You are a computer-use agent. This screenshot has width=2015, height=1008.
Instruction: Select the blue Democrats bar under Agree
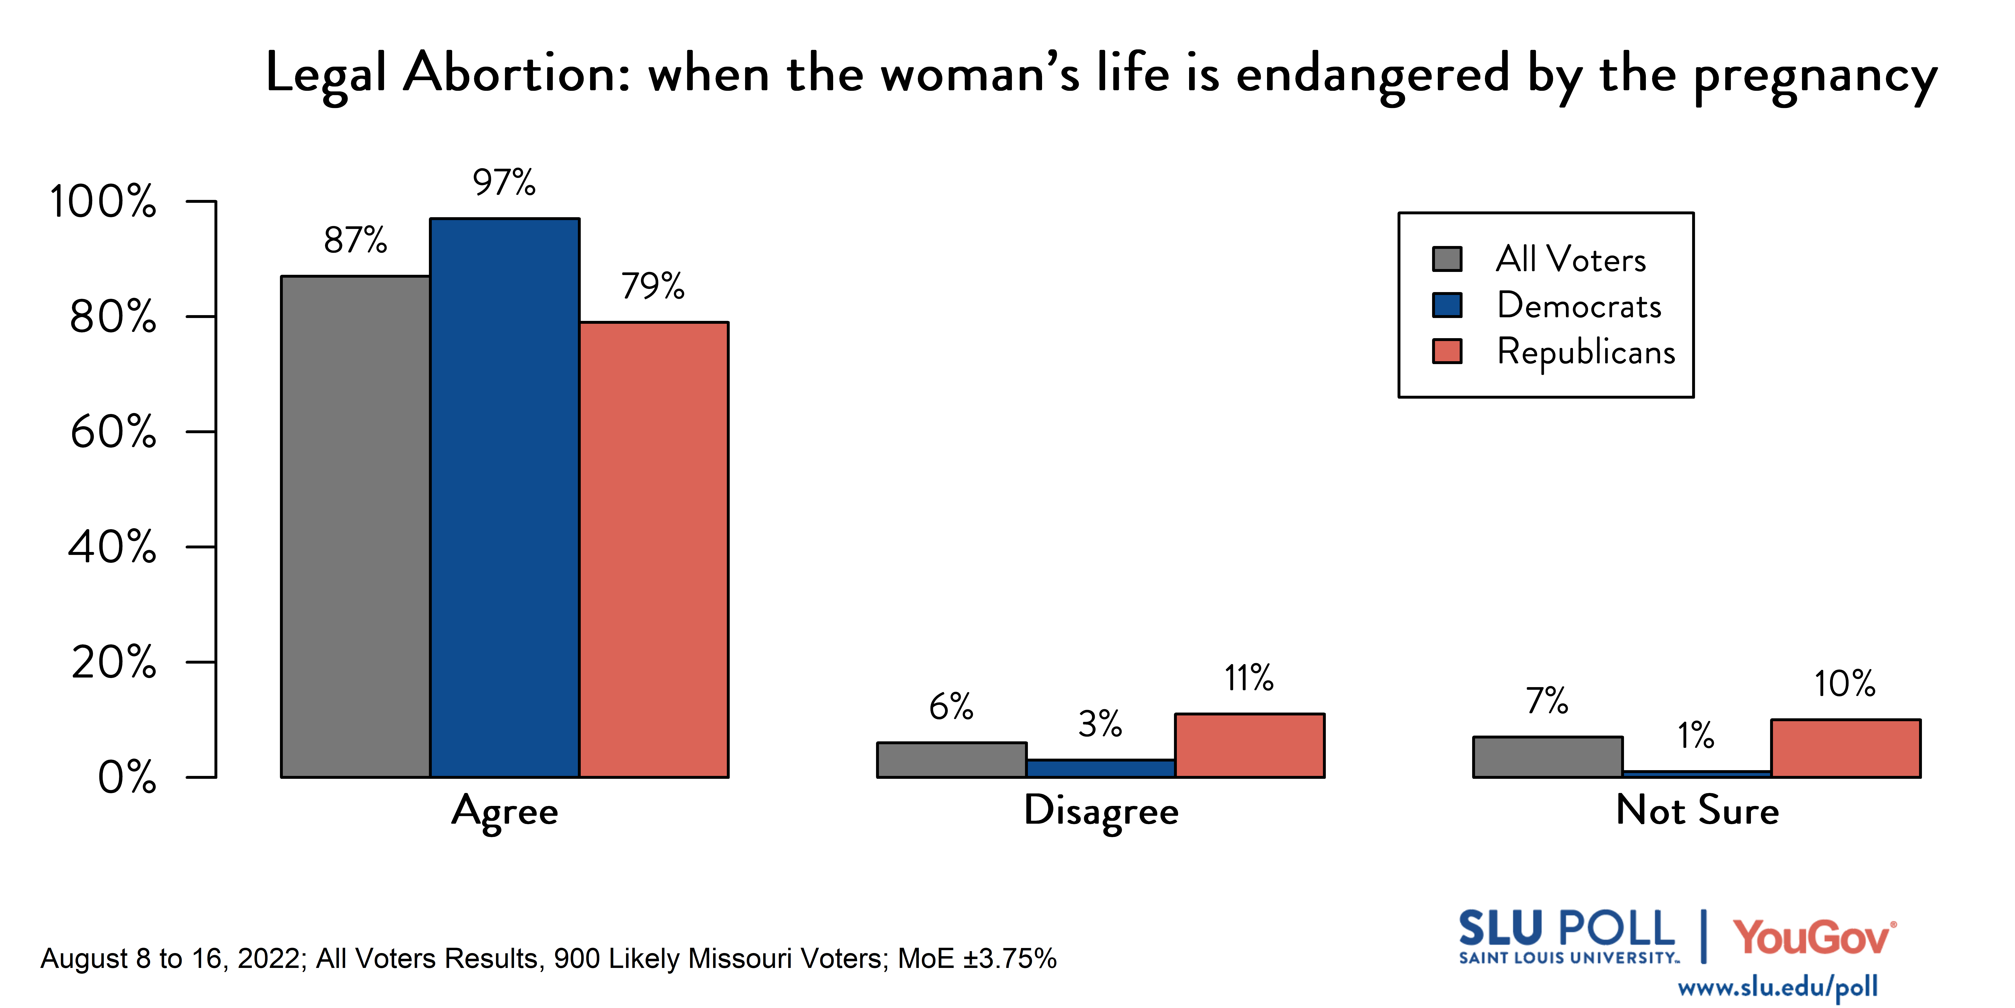pos(504,498)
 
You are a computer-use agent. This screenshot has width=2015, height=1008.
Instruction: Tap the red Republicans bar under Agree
pos(654,549)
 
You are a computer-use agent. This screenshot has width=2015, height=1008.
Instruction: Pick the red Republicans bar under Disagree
pos(1249,745)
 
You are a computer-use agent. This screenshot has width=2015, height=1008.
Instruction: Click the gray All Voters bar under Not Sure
pos(1547,757)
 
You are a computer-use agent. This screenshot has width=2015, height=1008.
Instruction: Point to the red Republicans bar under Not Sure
pos(1845,748)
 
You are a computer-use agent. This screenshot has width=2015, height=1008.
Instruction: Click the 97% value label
pos(504,182)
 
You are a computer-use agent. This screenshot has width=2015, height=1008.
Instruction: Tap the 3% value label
pos(1100,724)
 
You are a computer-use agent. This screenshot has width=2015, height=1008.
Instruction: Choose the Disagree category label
pos(1101,811)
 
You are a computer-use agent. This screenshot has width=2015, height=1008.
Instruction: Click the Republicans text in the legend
pos(1586,351)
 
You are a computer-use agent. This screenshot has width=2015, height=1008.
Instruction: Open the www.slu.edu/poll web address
pos(1777,987)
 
